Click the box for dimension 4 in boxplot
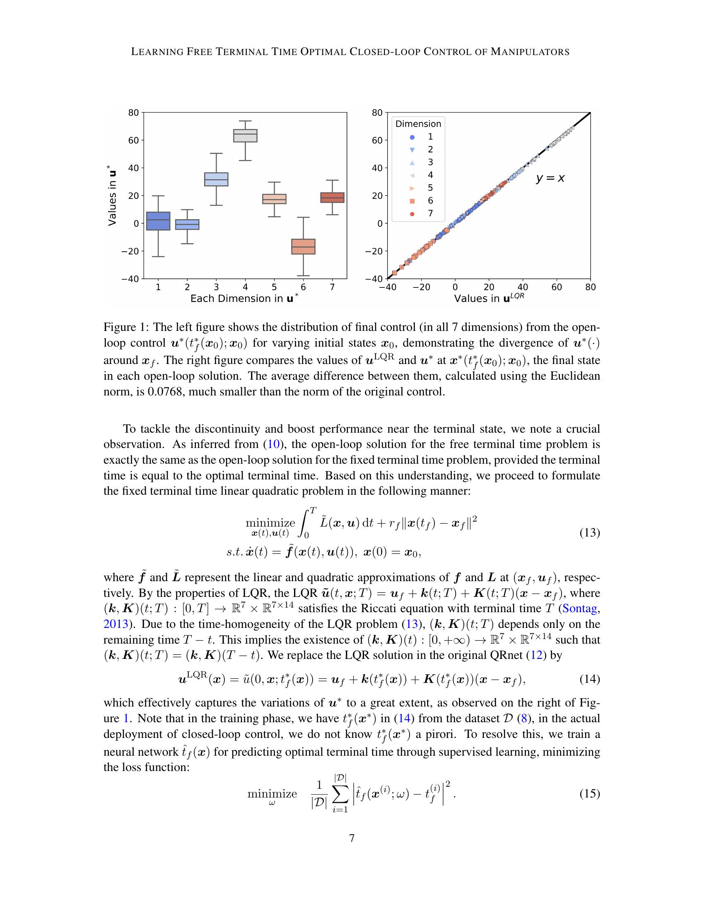(245, 136)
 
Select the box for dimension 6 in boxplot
(303, 246)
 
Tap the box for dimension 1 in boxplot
(158, 221)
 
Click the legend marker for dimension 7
(412, 213)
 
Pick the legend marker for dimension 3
(412, 163)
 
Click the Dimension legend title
(418, 124)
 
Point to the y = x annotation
(550, 178)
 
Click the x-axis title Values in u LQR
(489, 298)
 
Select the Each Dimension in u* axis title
(244, 298)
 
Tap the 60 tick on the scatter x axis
(556, 287)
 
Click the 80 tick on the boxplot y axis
(133, 113)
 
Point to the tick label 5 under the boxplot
(274, 287)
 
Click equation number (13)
(590, 532)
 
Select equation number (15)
(590, 794)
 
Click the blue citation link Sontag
(580, 609)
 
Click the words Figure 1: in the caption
(123, 327)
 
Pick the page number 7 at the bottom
(352, 838)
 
